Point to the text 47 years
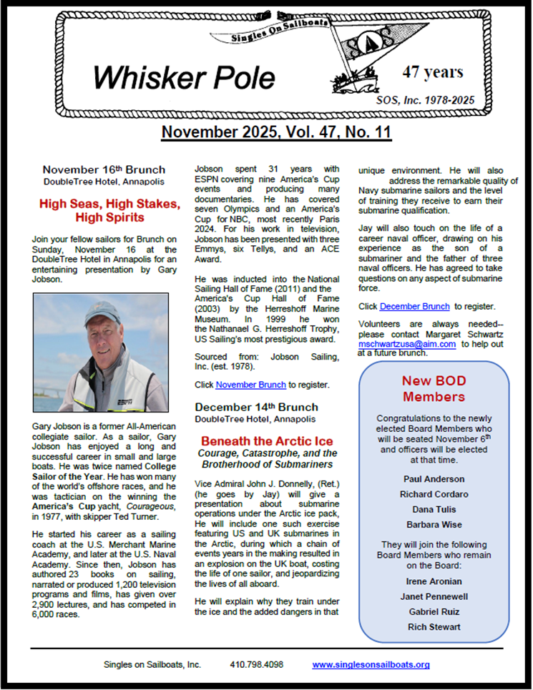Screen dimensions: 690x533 (433, 72)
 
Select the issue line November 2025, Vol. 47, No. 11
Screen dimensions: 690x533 (266, 132)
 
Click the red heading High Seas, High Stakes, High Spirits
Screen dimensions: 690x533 (102, 210)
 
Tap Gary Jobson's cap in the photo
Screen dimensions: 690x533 (102, 312)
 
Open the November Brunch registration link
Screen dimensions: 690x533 (250, 385)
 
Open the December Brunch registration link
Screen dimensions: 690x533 (414, 306)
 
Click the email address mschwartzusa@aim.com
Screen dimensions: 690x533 (406, 343)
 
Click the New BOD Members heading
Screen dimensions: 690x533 (433, 388)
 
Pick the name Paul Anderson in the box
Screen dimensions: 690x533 (434, 479)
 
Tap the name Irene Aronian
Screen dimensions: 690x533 (434, 581)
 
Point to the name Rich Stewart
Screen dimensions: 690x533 (434, 627)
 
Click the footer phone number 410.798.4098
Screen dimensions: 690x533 (256, 664)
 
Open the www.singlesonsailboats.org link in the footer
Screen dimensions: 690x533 (371, 664)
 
